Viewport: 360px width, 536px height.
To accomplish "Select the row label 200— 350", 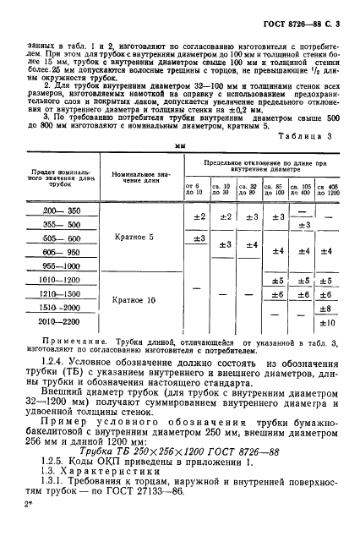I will coord(61,210).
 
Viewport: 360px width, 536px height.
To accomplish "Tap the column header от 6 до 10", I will coord(194,189).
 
